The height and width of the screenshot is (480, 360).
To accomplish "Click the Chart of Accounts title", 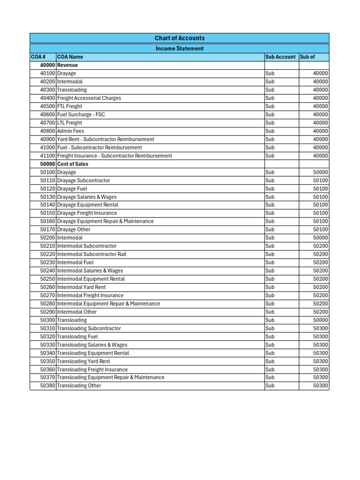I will click(180, 38).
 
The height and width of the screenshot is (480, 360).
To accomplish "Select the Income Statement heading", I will click(180, 48).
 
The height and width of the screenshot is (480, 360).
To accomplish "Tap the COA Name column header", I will click(70, 57).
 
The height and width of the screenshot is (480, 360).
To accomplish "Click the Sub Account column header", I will click(280, 57).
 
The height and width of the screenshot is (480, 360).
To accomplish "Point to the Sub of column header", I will click(307, 57).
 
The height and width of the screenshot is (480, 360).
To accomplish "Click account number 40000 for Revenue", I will click(47, 65).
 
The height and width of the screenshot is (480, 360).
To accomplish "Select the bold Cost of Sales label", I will click(72, 164).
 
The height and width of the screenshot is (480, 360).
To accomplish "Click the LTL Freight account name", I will click(69, 123).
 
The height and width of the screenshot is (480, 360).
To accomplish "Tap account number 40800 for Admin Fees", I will click(47, 131).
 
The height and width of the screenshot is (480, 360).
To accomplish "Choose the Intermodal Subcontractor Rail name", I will click(91, 254).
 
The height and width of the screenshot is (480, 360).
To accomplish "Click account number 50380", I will click(47, 386).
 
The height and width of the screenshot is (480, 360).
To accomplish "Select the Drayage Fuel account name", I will click(73, 188).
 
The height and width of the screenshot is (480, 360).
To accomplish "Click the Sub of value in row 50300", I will click(321, 320).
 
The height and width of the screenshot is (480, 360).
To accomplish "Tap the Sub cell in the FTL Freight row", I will click(270, 106).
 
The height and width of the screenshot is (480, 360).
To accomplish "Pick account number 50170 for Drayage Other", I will click(47, 230).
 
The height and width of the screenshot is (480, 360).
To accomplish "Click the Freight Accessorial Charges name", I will click(89, 98).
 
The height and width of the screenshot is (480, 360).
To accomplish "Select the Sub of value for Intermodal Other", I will click(321, 312).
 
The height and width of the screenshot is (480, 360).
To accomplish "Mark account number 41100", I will click(47, 156).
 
